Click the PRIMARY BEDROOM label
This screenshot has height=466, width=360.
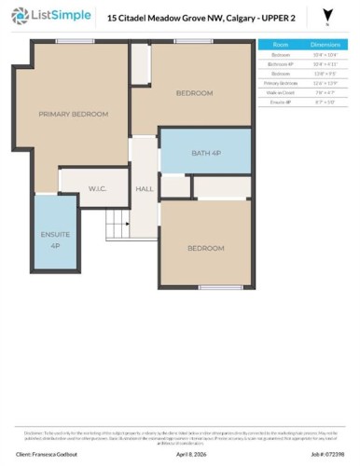click(73, 114)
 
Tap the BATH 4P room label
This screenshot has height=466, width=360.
click(206, 153)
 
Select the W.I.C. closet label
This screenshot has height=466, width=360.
click(98, 188)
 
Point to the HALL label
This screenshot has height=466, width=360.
click(145, 189)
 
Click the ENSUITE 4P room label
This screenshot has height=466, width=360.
click(55, 240)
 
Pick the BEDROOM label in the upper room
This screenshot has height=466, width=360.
click(194, 93)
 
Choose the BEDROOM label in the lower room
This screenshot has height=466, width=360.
click(205, 248)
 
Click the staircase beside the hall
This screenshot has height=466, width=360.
click(116, 224)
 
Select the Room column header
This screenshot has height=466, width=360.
click(280, 44)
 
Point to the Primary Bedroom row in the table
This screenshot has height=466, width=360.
click(280, 83)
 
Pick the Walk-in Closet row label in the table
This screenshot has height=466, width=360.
click(280, 92)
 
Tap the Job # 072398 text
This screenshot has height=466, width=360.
click(328, 454)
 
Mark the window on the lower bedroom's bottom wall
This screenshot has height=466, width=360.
click(220, 287)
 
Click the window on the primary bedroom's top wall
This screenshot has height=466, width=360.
click(68, 41)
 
